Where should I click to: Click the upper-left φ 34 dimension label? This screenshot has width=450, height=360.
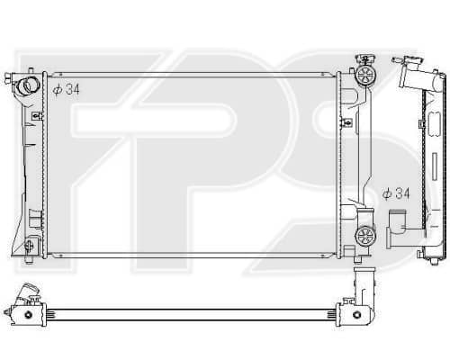coord(67,89)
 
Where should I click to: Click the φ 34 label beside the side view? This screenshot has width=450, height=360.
coord(396,193)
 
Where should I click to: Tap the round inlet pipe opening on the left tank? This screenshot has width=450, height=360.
coord(29,85)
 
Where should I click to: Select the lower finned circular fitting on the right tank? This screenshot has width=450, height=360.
coord(365,236)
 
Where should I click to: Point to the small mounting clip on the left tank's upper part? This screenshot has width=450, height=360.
coord(37,115)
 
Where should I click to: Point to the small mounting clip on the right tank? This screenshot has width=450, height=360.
coord(346,121)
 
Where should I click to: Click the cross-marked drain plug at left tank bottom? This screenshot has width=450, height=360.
coord(29,246)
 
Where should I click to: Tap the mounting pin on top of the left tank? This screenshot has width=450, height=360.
coord(31,70)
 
